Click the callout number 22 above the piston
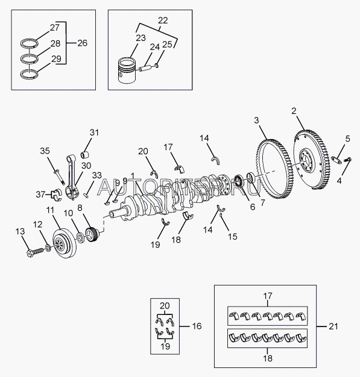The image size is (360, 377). click(x=163, y=20)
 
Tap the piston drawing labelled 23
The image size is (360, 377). click(x=127, y=70)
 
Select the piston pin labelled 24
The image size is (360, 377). click(x=145, y=69)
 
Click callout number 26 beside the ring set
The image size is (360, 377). click(x=83, y=43)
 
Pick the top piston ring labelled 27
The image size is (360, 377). click(x=29, y=43)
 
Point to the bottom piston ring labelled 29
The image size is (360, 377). click(x=29, y=74)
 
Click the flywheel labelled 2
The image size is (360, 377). click(x=312, y=160)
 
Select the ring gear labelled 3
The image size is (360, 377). click(x=274, y=169)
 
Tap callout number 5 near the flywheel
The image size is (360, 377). click(x=347, y=139)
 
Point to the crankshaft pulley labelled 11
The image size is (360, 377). click(x=65, y=243)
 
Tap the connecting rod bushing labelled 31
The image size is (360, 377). click(x=85, y=155)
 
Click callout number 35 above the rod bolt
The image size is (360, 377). click(x=45, y=151)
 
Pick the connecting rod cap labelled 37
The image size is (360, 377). click(x=57, y=195)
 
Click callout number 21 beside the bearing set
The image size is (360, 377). click(x=333, y=326)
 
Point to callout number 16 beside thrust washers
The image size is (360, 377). click(x=197, y=326)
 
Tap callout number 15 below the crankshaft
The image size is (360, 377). click(x=233, y=237)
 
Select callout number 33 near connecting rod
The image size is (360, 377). click(x=97, y=175)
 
